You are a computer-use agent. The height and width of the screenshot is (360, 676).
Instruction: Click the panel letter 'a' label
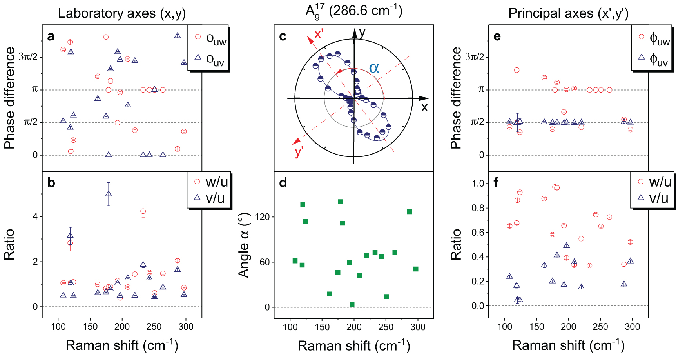[x=51, y=37]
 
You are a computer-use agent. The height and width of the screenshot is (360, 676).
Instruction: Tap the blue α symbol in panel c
[x=374, y=68]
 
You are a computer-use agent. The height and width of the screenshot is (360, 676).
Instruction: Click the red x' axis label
[x=319, y=35]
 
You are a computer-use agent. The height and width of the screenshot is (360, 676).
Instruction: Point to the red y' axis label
[x=299, y=151]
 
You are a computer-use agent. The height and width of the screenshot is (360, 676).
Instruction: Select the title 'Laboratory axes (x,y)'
[x=122, y=13]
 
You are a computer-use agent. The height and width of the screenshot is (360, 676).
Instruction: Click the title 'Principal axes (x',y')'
[x=568, y=13]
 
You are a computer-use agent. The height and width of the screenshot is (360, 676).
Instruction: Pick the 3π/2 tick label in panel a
[x=28, y=57]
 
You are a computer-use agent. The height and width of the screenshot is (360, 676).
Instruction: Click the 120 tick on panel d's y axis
[x=262, y=217]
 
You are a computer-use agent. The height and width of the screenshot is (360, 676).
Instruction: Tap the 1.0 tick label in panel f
[x=478, y=184]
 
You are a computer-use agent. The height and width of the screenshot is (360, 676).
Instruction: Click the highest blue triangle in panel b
[x=109, y=194]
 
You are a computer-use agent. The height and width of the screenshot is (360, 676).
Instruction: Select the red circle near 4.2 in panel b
[x=143, y=211]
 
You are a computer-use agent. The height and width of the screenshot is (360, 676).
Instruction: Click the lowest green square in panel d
[x=352, y=305]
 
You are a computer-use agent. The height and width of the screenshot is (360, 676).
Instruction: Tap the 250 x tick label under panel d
[x=386, y=327]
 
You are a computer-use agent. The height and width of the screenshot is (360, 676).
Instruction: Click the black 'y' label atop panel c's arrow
[x=362, y=32]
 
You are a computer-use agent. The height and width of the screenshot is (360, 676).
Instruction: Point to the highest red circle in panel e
[x=517, y=70]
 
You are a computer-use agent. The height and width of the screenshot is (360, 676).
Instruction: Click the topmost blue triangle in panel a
[x=178, y=35]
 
